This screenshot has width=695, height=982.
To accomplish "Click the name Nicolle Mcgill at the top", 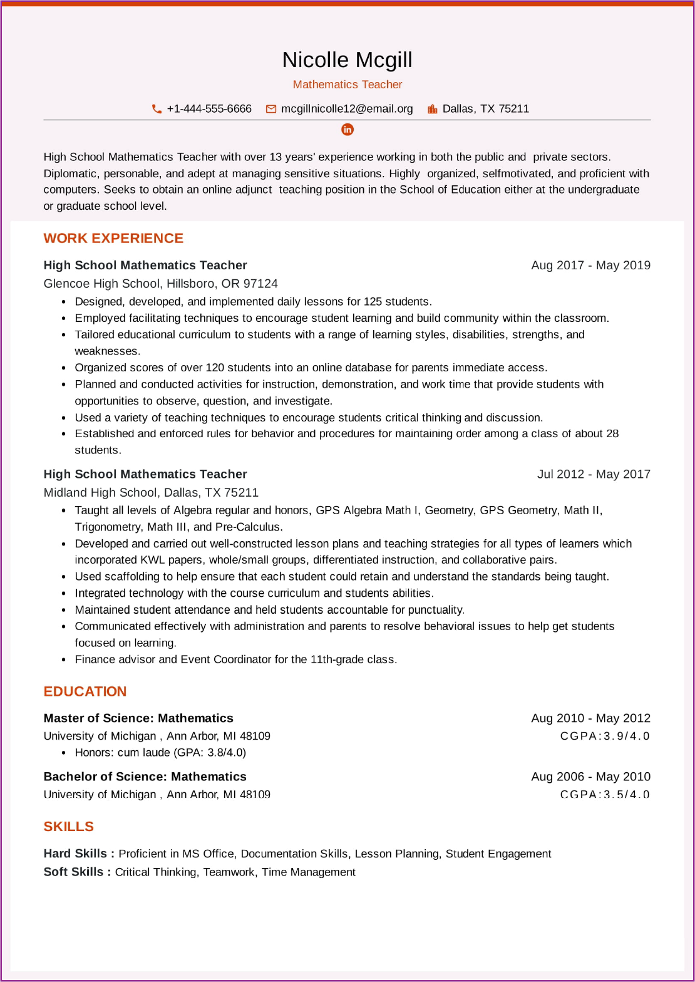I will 347,60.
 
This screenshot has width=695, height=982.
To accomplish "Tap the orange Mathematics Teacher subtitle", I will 347,85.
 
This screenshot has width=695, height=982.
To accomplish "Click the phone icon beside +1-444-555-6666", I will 157,109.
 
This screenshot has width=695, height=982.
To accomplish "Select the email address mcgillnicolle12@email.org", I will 347,109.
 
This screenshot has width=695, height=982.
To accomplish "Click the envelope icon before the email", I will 271,109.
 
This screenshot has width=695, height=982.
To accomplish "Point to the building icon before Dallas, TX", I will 432,109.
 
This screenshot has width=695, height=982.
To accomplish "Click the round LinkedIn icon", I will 347,130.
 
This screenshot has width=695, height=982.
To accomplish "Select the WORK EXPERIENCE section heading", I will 113,239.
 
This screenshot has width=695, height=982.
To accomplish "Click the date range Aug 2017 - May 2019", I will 590,266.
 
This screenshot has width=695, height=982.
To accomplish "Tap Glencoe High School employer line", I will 160,284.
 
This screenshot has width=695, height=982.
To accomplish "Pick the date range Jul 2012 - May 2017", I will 594,474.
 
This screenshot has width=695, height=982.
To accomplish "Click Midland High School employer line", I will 151,493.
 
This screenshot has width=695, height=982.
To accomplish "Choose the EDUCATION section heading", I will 85,691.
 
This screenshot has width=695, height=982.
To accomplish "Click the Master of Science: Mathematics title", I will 138,718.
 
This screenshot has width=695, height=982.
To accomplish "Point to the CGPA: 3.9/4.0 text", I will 605,736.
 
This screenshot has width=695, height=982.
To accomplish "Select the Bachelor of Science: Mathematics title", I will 145,777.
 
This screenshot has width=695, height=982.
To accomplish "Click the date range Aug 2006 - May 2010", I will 590,777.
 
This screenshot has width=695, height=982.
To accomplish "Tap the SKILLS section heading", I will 69,827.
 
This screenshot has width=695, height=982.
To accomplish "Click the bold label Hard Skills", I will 79,854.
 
